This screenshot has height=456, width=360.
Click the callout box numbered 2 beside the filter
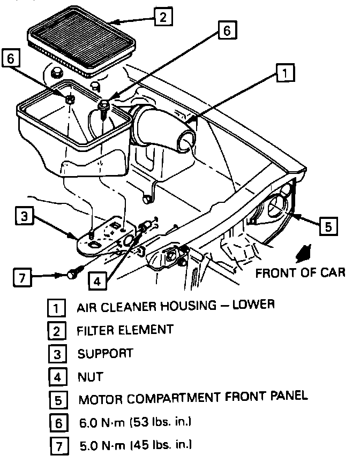(x=162, y=18)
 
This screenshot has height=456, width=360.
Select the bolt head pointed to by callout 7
(x=71, y=275)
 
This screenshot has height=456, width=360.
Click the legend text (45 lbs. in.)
(x=161, y=445)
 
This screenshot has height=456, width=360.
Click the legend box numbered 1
(x=57, y=307)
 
